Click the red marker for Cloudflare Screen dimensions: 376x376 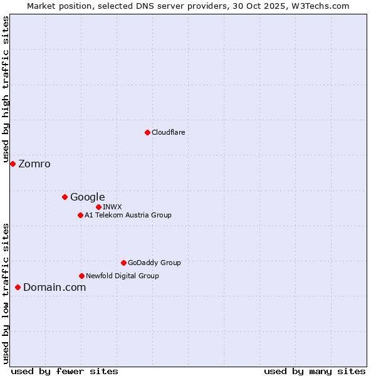[x=147, y=132]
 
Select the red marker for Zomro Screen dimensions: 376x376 [x=13, y=164]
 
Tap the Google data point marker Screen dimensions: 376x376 [x=65, y=197]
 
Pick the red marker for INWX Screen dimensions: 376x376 [x=98, y=207]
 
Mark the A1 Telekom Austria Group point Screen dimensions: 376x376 [x=80, y=215]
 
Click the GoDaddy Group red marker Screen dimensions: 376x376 [x=123, y=263]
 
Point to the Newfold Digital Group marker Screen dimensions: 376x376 [x=81, y=276]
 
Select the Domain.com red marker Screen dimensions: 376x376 [x=18, y=287]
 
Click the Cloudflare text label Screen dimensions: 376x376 [x=168, y=132]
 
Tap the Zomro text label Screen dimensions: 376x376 [x=34, y=164]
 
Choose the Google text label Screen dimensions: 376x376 [x=87, y=197]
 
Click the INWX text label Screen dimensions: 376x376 [x=112, y=207]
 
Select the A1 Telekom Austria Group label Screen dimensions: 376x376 [x=128, y=215]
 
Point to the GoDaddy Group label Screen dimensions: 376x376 [x=154, y=263]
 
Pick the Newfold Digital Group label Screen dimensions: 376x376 [x=122, y=276]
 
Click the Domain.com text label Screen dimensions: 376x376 [x=55, y=288]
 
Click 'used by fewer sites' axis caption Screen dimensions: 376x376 [x=65, y=371]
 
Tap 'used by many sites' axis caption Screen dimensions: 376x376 [x=315, y=371]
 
